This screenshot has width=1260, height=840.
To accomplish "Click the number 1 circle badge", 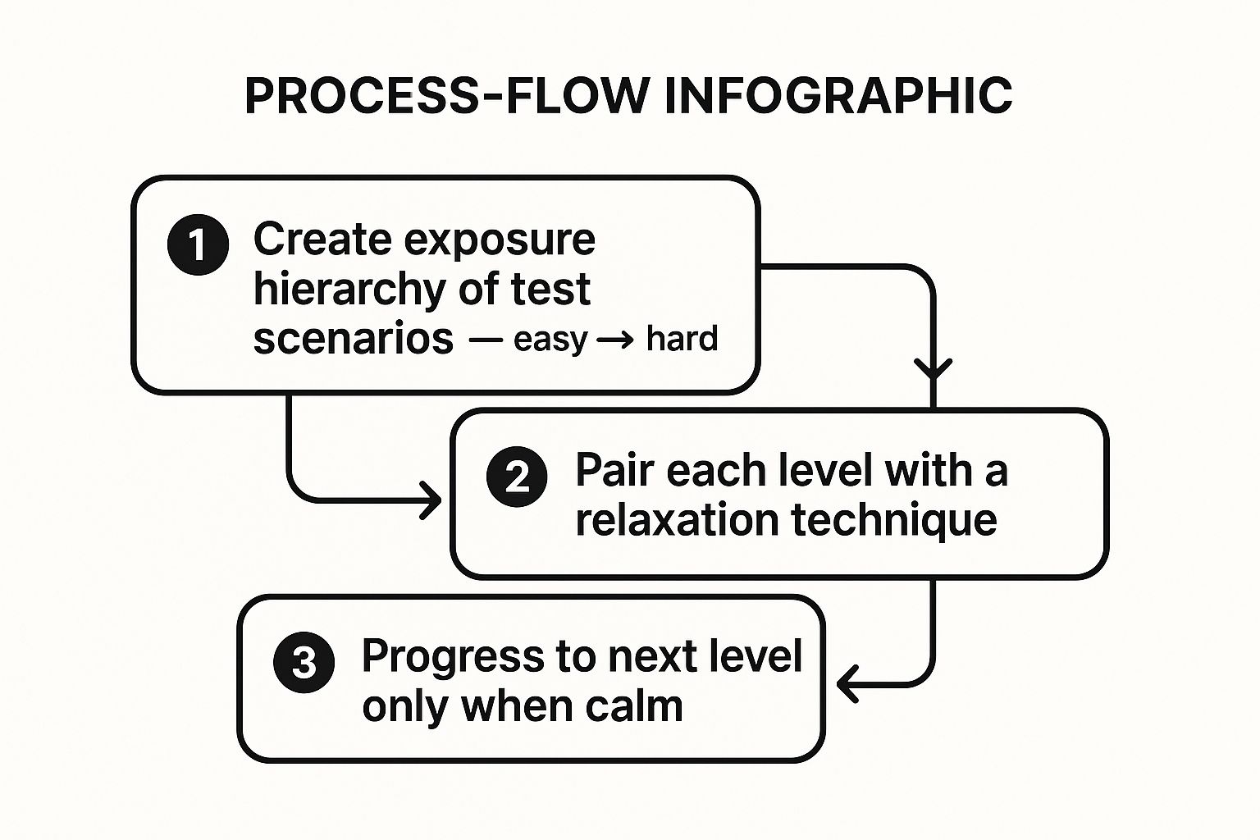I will click(198, 244).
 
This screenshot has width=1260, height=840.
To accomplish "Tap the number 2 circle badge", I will click(517, 477).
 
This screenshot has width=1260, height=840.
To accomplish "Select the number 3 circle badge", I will click(304, 662).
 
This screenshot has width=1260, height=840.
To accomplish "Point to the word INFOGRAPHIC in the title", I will click(838, 96).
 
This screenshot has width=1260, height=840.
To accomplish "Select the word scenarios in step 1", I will click(353, 339).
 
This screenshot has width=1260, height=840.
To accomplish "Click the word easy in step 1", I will click(550, 340).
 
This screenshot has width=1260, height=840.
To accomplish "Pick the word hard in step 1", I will click(682, 339).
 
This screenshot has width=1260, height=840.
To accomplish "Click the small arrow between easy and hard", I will click(615, 340).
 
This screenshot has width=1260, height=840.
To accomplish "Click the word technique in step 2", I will click(894, 520).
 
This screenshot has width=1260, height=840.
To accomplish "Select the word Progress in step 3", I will click(452, 656).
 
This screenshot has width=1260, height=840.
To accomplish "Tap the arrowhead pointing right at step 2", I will click(431, 500).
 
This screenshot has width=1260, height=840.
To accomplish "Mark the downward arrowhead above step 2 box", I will click(933, 370).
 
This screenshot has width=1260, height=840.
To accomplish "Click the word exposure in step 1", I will click(499, 240).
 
